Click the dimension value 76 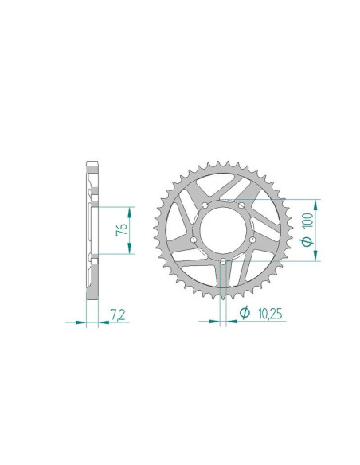119,229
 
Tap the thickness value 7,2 118,315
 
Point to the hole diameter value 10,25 261,315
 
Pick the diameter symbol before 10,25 239,315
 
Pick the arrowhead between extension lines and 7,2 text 102,322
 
